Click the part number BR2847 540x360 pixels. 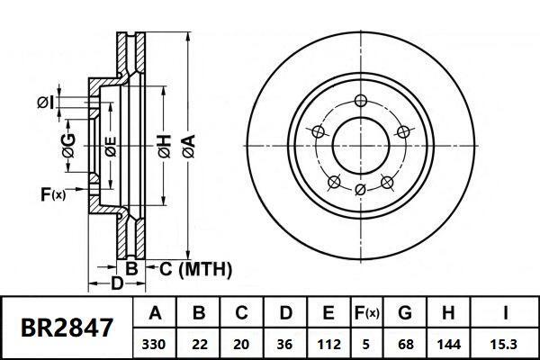pos(67,327)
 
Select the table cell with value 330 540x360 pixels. pos(156,343)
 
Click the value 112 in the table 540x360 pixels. pos(328,343)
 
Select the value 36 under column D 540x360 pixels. pos(285,343)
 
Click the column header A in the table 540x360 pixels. pos(156,314)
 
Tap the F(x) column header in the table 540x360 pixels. pos(365,314)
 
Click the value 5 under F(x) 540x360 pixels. pos(365,343)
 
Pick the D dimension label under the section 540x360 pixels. pos(116,284)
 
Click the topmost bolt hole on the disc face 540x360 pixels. pos(360,100)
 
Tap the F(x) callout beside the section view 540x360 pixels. pos(53,193)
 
